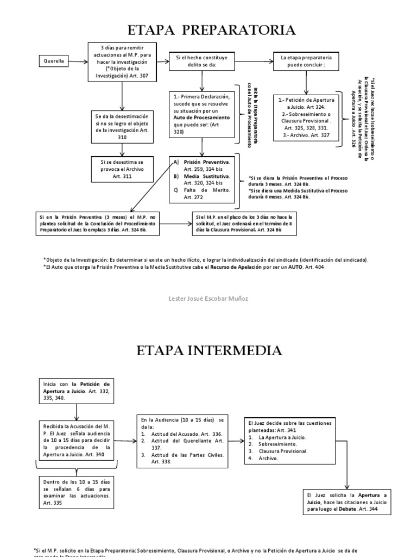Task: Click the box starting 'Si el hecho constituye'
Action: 202,61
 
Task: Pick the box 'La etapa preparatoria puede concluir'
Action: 306,61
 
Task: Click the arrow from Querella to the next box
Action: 79,61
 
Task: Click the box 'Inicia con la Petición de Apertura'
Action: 76,391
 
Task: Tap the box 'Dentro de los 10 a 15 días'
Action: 76,492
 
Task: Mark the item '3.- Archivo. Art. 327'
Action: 307,134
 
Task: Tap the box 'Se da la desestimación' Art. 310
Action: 123,127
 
